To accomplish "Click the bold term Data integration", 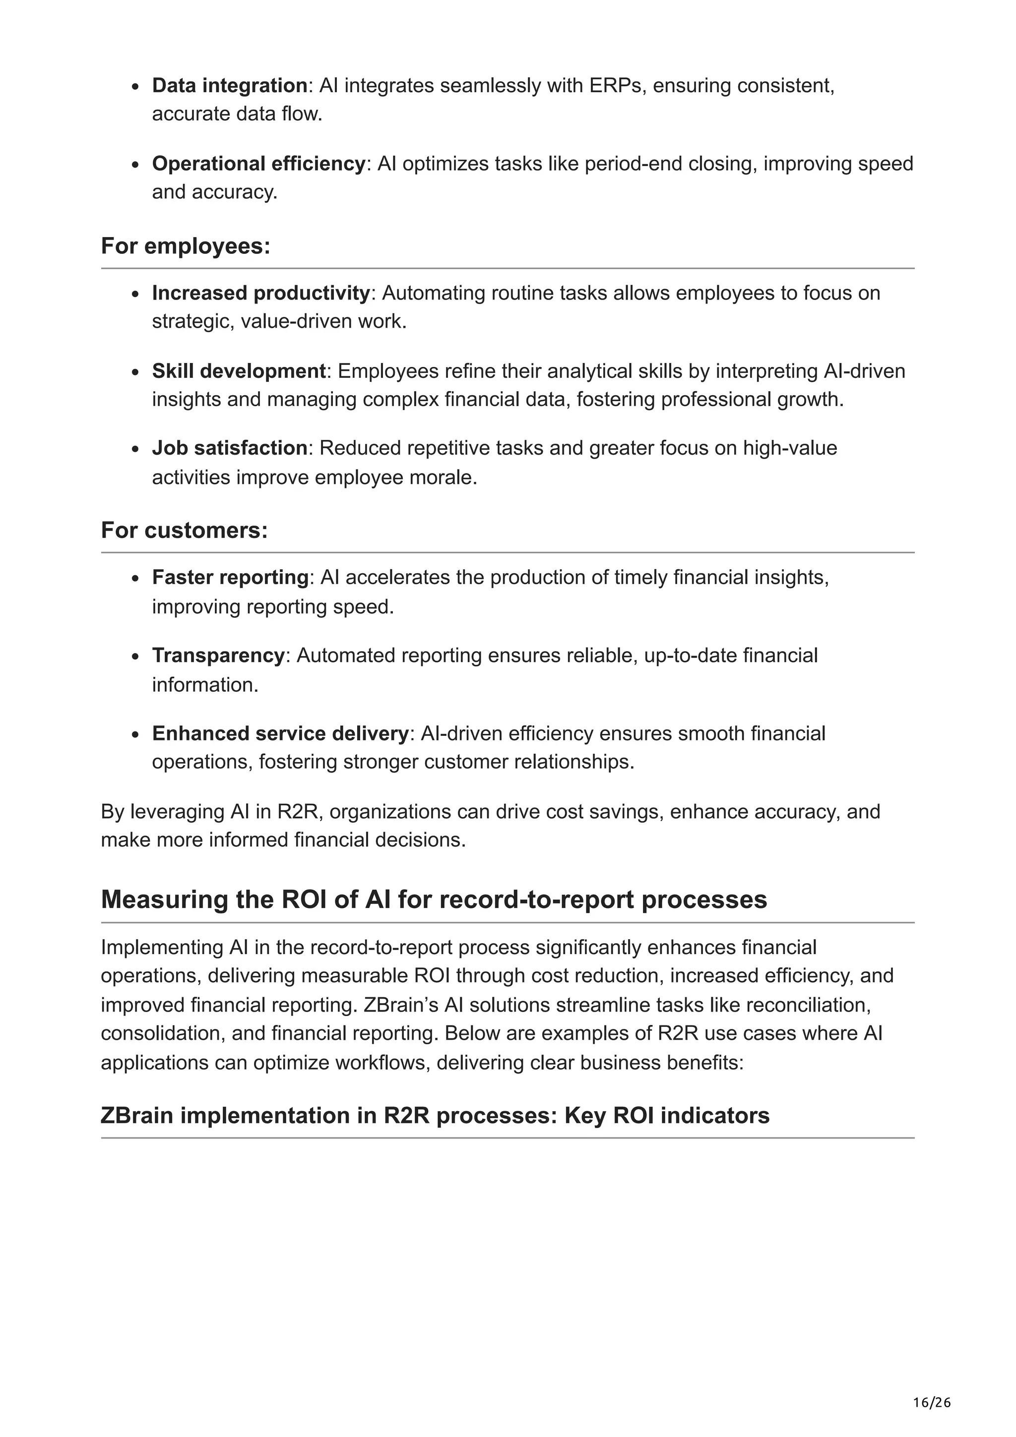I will point(229,86).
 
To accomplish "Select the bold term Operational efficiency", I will point(258,164).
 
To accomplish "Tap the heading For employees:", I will point(186,246).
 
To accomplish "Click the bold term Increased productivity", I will point(261,293).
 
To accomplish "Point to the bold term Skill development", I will point(239,371).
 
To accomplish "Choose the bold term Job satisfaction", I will point(229,448).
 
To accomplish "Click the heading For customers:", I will point(184,530).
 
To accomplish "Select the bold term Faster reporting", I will point(230,577).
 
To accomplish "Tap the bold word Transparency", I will point(218,656).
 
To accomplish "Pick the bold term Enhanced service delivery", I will point(280,733).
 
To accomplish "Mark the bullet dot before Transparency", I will point(135,657).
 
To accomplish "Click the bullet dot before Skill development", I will point(135,372).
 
